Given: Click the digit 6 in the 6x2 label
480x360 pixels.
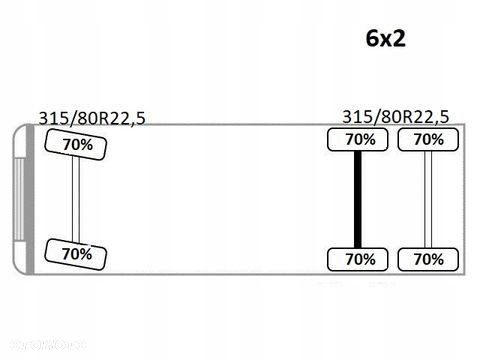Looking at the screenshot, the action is [x=372, y=38].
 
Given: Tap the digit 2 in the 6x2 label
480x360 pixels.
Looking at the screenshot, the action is [x=399, y=38].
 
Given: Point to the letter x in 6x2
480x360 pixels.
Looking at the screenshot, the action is [x=386, y=41].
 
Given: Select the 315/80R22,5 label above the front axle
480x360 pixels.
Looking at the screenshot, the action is [x=92, y=118].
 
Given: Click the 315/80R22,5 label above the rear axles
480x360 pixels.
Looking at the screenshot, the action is [x=396, y=117].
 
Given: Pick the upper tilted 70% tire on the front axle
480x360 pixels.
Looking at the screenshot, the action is [x=76, y=145].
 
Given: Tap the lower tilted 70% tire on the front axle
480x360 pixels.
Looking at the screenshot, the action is [x=76, y=254].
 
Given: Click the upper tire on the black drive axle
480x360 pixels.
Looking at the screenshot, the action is [x=358, y=140].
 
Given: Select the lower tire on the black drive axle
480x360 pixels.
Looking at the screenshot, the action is [x=358, y=259].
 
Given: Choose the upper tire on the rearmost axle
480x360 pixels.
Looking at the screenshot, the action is [x=428, y=140].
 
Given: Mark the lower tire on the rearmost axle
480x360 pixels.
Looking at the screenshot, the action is [x=428, y=259].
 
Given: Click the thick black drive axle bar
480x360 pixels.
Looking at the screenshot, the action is [x=358, y=200].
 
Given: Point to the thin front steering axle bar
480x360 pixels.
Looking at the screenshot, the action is [x=76, y=199].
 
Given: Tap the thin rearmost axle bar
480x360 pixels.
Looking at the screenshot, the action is [x=428, y=200].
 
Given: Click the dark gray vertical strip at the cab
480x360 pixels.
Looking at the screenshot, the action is [x=30, y=199].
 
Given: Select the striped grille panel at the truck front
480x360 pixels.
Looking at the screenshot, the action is [x=19, y=199].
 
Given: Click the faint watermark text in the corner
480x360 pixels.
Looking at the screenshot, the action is [x=47, y=345].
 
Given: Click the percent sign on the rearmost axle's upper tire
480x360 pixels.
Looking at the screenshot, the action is [x=437, y=140].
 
